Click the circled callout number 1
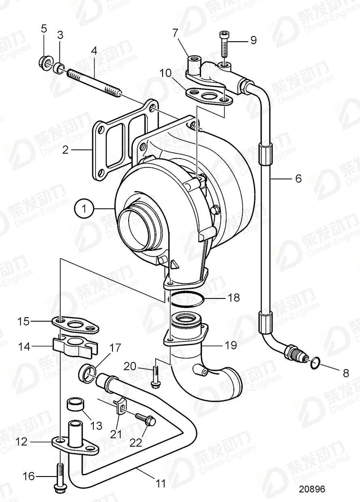(x=84, y=209)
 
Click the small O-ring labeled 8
(x=316, y=363)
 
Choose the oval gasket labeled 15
(x=75, y=325)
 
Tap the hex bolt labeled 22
(x=146, y=419)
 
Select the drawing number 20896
(x=312, y=489)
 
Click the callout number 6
(x=298, y=178)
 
